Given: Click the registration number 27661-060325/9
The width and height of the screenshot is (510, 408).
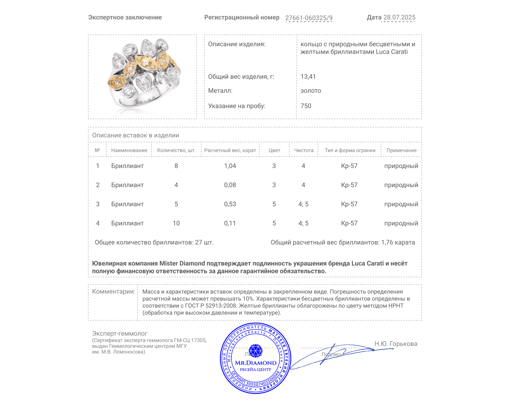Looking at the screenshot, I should pyautogui.click(x=309, y=18).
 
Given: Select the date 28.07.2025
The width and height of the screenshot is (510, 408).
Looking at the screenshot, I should pyautogui.click(x=399, y=18).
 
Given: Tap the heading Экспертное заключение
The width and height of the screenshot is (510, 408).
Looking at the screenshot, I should pyautogui.click(x=125, y=18).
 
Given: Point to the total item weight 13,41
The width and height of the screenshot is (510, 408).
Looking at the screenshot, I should pyautogui.click(x=308, y=77).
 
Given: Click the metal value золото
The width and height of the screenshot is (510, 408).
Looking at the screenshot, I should pyautogui.click(x=311, y=91).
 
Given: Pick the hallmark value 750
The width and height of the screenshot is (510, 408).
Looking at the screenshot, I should pyautogui.click(x=306, y=106).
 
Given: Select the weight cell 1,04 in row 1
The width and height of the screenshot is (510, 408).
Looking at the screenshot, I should pyautogui.click(x=230, y=166).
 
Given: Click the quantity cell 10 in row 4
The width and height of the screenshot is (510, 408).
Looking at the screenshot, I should pyautogui.click(x=176, y=223).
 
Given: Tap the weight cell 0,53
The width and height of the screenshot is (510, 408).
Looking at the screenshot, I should pyautogui.click(x=230, y=204).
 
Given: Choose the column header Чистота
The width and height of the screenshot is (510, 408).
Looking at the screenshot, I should pyautogui.click(x=304, y=150).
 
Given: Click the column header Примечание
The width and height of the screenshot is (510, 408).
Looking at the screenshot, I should pyautogui.click(x=401, y=150).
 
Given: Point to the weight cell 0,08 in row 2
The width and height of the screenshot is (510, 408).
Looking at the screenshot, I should pyautogui.click(x=230, y=185).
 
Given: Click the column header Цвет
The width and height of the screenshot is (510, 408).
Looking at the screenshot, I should pyautogui.click(x=274, y=150).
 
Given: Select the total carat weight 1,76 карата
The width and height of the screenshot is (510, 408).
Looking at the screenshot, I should pyautogui.click(x=398, y=243).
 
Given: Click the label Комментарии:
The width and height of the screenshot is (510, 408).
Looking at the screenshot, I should pyautogui.click(x=113, y=292).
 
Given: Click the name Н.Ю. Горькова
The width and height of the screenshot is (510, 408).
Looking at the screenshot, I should pyautogui.click(x=396, y=344).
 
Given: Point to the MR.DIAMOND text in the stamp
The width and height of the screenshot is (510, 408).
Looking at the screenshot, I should pyautogui.click(x=256, y=363).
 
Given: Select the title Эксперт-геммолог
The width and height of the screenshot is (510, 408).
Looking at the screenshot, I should pyautogui.click(x=120, y=334).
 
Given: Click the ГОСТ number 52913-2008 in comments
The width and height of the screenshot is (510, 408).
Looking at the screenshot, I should pyautogui.click(x=221, y=306).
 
